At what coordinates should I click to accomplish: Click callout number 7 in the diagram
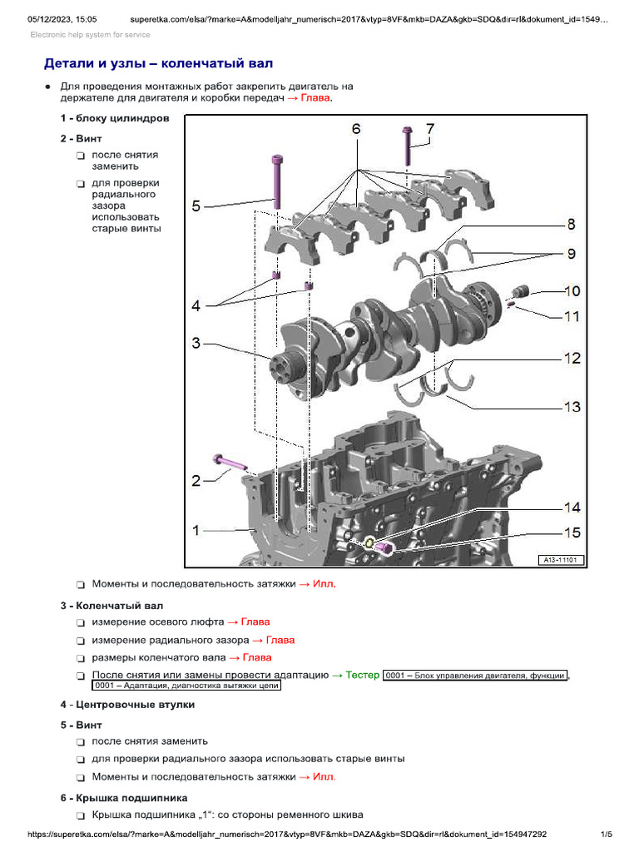pyautogui.click(x=429, y=129)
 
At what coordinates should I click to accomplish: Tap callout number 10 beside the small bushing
pyautogui.click(x=572, y=291)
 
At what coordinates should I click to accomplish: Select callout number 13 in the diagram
pyautogui.click(x=572, y=407)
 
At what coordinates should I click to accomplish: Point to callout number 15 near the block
pyautogui.click(x=572, y=532)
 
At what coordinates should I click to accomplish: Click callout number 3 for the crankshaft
pyautogui.click(x=196, y=342)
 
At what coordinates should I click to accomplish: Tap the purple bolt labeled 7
pyautogui.click(x=407, y=146)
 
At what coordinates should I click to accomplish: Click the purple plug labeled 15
pyautogui.click(x=384, y=547)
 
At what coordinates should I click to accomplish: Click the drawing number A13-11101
pyautogui.click(x=562, y=560)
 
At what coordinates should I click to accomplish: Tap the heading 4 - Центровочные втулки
pyautogui.click(x=127, y=705)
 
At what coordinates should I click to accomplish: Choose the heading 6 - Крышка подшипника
pyautogui.click(x=117, y=798)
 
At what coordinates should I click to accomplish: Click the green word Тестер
pyautogui.click(x=362, y=675)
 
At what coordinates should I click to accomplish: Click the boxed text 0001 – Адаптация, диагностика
pyautogui.click(x=187, y=686)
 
